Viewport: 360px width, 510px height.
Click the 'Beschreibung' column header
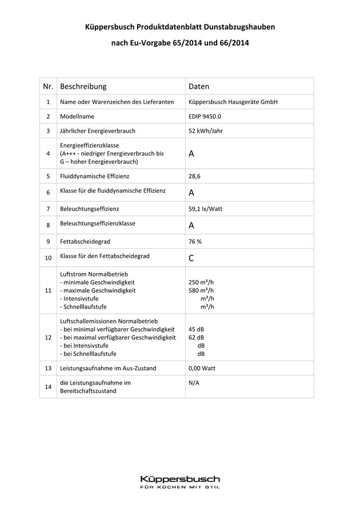coord(83,87)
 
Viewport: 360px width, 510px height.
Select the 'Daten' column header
coord(199,87)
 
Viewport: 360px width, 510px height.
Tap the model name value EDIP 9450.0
coord(205,116)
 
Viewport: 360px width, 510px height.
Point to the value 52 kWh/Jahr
coord(205,131)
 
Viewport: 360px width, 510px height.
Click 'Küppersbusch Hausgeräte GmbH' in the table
coord(233,102)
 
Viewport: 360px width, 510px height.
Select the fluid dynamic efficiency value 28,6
coord(195,176)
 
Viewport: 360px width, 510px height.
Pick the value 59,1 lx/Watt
coord(205,209)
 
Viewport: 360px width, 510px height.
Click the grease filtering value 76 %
coord(195,241)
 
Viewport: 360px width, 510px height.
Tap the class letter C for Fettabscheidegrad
coord(191,258)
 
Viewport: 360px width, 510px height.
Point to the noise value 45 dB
coord(196,329)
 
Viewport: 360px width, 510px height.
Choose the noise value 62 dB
coord(196,337)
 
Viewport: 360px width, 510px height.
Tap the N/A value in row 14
coord(194,382)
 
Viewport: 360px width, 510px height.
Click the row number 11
coord(48,290)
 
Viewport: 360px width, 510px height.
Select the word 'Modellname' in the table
coord(77,116)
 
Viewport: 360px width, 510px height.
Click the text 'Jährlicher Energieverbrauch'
coord(98,131)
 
